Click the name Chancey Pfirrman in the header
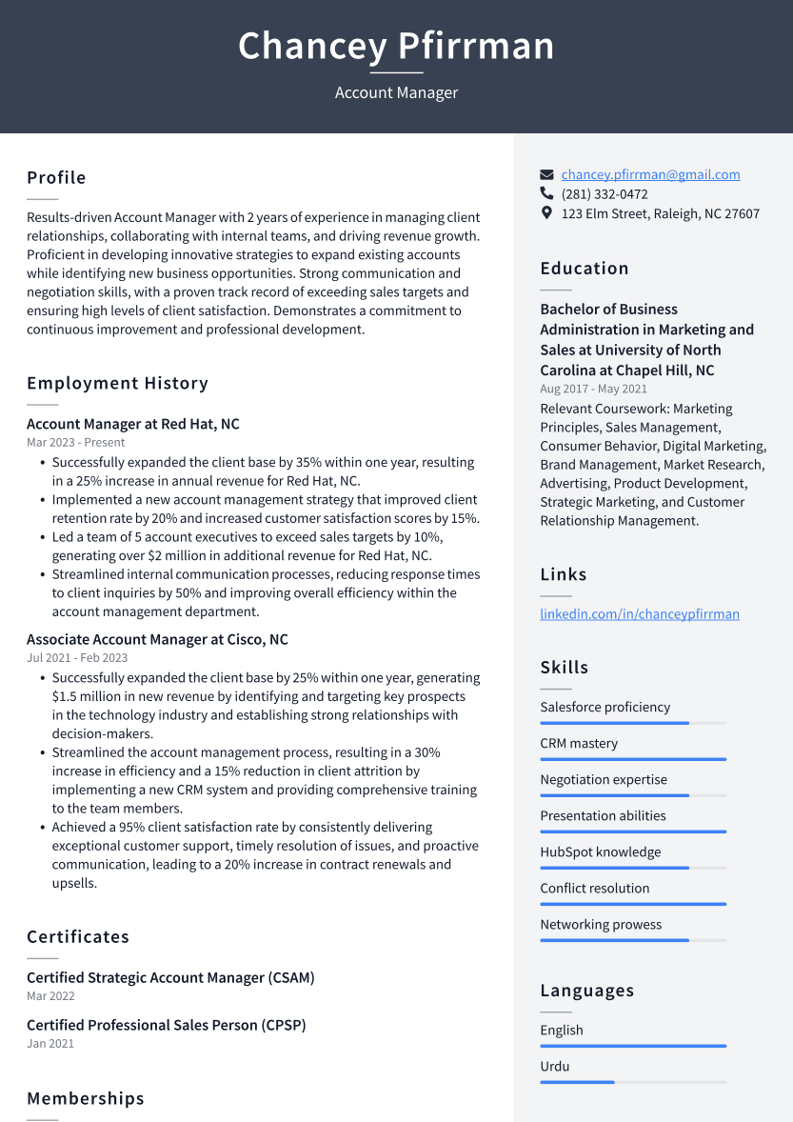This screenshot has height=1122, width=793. pos(396,46)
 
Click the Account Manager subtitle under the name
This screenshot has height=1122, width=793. pos(396,92)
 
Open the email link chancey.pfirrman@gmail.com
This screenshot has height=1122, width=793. pos(650,174)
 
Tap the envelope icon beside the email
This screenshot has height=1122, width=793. pos(546,175)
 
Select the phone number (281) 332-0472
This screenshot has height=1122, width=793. pos(605,194)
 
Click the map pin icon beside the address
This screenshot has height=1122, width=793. pos(546,213)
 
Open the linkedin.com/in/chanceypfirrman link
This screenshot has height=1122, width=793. pos(640,614)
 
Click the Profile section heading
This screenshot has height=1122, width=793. pos(56,178)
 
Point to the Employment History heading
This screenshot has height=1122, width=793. pos(117,384)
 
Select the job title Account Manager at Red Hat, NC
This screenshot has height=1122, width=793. pos(133,425)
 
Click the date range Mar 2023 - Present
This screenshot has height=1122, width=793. pos(76,443)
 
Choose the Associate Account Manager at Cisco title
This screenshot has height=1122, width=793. pos(157,640)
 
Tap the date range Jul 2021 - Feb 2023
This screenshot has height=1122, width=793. pos(77,658)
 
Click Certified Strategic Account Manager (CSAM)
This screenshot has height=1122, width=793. pos(170,978)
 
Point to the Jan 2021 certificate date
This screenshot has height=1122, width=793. pos(50,1044)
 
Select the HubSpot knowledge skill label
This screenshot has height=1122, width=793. pos(600,852)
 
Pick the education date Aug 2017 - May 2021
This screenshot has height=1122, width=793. pos(593,389)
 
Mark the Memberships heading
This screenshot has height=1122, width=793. pos(86,1099)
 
